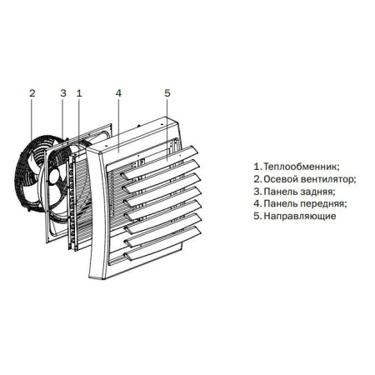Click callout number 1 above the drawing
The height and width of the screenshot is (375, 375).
(x=78, y=94)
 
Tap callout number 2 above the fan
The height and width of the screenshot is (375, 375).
(x=32, y=94)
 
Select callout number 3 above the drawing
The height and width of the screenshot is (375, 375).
(x=62, y=94)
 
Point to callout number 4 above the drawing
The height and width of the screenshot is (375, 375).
(x=118, y=94)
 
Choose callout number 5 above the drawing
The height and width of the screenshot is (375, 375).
(x=167, y=94)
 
